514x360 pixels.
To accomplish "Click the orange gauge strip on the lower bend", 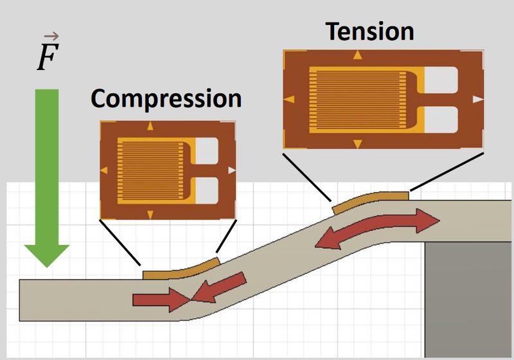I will [181, 270].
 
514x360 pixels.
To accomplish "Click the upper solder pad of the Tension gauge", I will [442, 78].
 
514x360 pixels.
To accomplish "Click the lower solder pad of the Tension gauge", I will [442, 120].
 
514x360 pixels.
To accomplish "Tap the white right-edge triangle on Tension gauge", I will [477, 100].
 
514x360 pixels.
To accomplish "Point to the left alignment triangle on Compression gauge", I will [104, 170].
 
